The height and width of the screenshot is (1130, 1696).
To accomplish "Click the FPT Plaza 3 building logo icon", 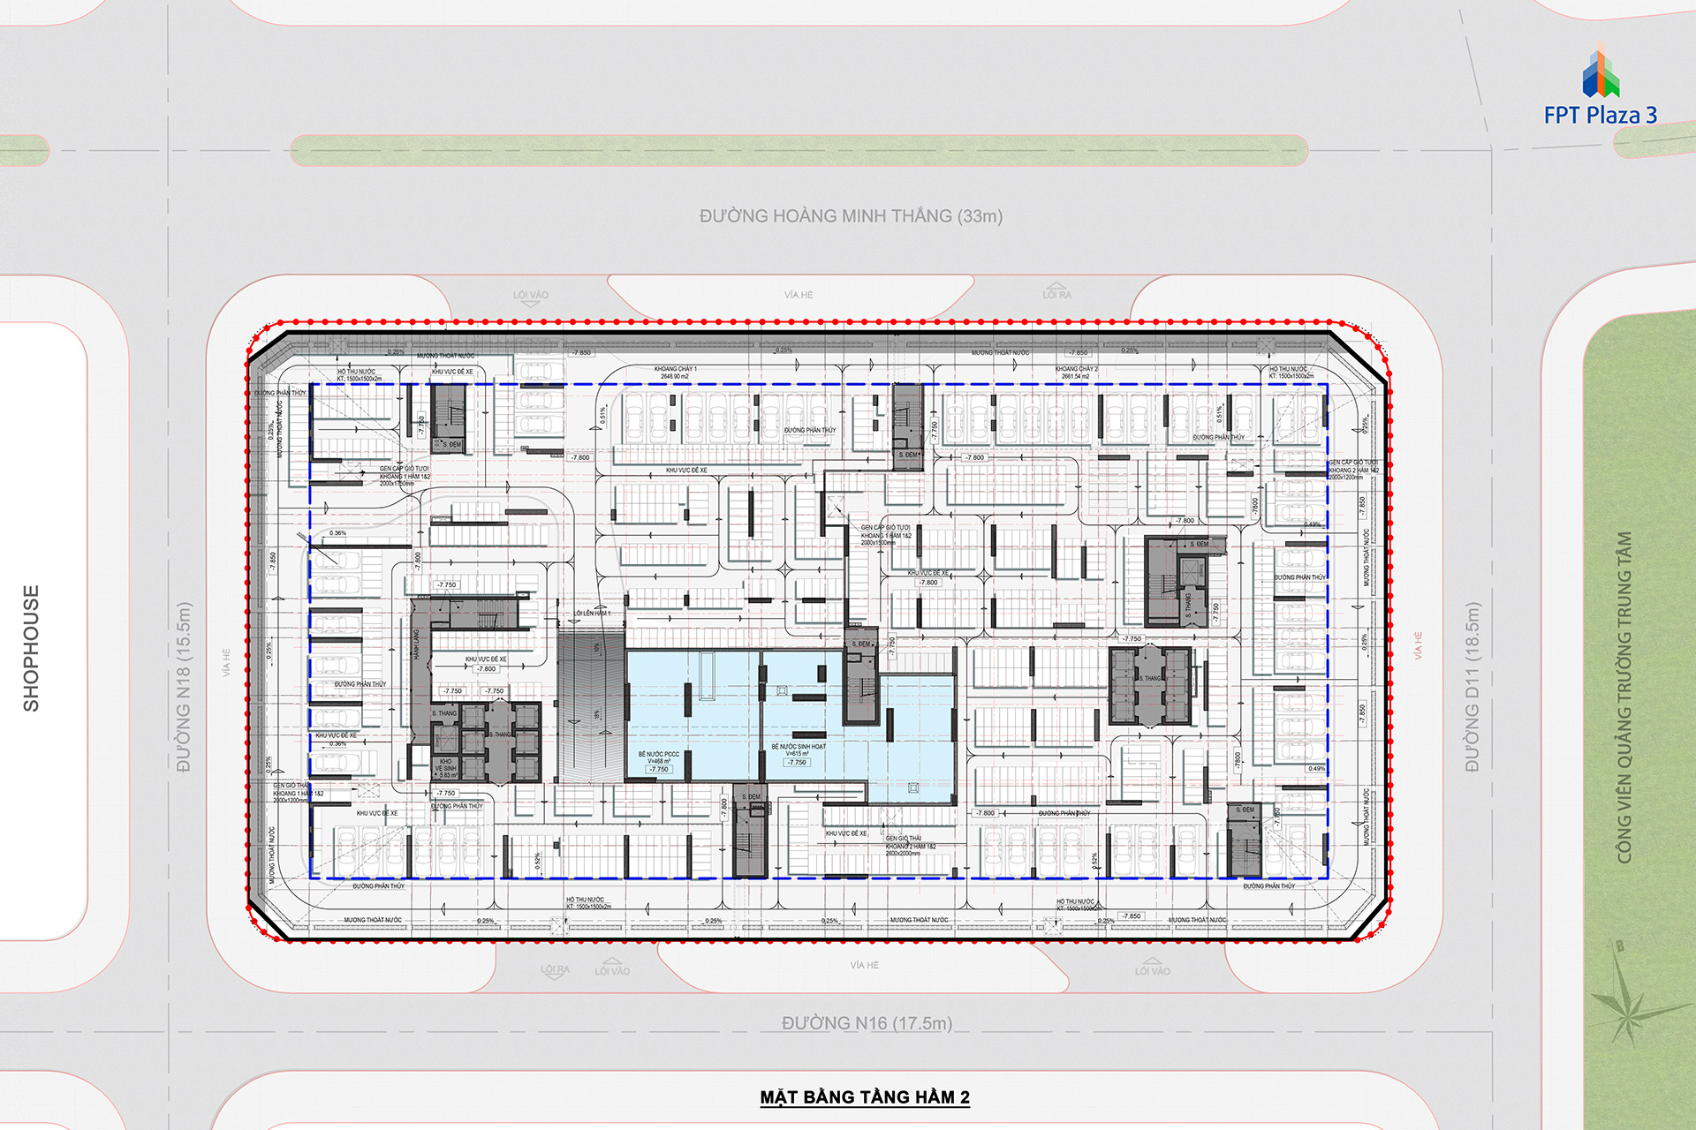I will tap(1601, 73).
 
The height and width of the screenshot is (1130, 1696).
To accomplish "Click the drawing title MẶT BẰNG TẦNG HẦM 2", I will tap(865, 1097).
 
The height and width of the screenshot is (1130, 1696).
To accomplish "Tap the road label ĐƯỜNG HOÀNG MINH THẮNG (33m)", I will tap(851, 216).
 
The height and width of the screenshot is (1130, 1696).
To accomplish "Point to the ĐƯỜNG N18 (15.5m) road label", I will tap(184, 687).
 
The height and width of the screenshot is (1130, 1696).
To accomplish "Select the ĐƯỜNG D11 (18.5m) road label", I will tap(1472, 687).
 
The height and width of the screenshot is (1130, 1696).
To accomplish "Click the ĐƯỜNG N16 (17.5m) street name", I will tap(867, 1023).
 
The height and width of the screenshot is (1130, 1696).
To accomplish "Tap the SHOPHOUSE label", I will tap(32, 648).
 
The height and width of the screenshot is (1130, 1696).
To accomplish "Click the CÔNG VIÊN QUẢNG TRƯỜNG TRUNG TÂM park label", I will tap(1624, 697).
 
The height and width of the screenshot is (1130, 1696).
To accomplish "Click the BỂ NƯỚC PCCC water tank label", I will tap(659, 755).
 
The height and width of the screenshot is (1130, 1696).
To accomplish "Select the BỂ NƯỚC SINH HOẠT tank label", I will tap(799, 747).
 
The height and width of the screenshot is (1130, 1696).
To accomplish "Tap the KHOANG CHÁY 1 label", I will tap(676, 369).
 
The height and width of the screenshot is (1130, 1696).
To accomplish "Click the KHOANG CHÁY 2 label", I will tap(1076, 369).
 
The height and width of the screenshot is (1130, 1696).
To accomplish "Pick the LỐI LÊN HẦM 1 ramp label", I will tap(593, 613).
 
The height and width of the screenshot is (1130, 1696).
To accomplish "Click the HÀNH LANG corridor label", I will tap(417, 644).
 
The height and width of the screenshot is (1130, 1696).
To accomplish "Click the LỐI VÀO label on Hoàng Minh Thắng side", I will tap(531, 295).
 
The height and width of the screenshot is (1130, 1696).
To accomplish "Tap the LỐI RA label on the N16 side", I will tap(555, 969).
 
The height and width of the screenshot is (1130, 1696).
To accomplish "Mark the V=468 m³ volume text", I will tap(659, 762).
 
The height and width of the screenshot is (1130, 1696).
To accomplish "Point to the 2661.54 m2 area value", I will tap(1076, 377).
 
